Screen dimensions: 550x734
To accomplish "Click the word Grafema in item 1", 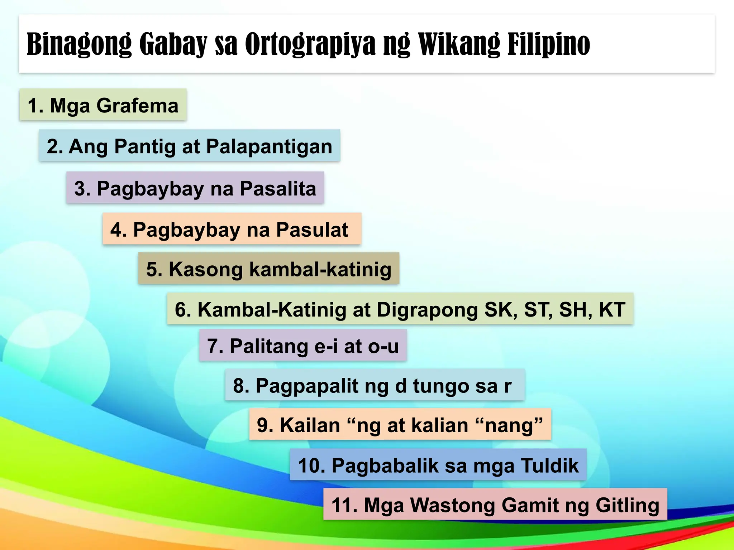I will point(137,106).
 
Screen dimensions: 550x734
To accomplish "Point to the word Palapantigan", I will point(269,146).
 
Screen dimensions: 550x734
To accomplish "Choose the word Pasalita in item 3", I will point(278,189).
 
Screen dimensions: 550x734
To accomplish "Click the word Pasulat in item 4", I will point(312,230).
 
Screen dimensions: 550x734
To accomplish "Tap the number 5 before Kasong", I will point(152,269).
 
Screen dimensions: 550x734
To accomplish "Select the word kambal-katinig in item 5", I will point(320,269).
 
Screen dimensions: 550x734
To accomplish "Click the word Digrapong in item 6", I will point(427,309).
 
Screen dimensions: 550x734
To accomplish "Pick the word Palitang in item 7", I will point(268,346).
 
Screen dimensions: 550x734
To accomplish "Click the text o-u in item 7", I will point(383,346).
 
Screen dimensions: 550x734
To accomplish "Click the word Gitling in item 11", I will point(627,505).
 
